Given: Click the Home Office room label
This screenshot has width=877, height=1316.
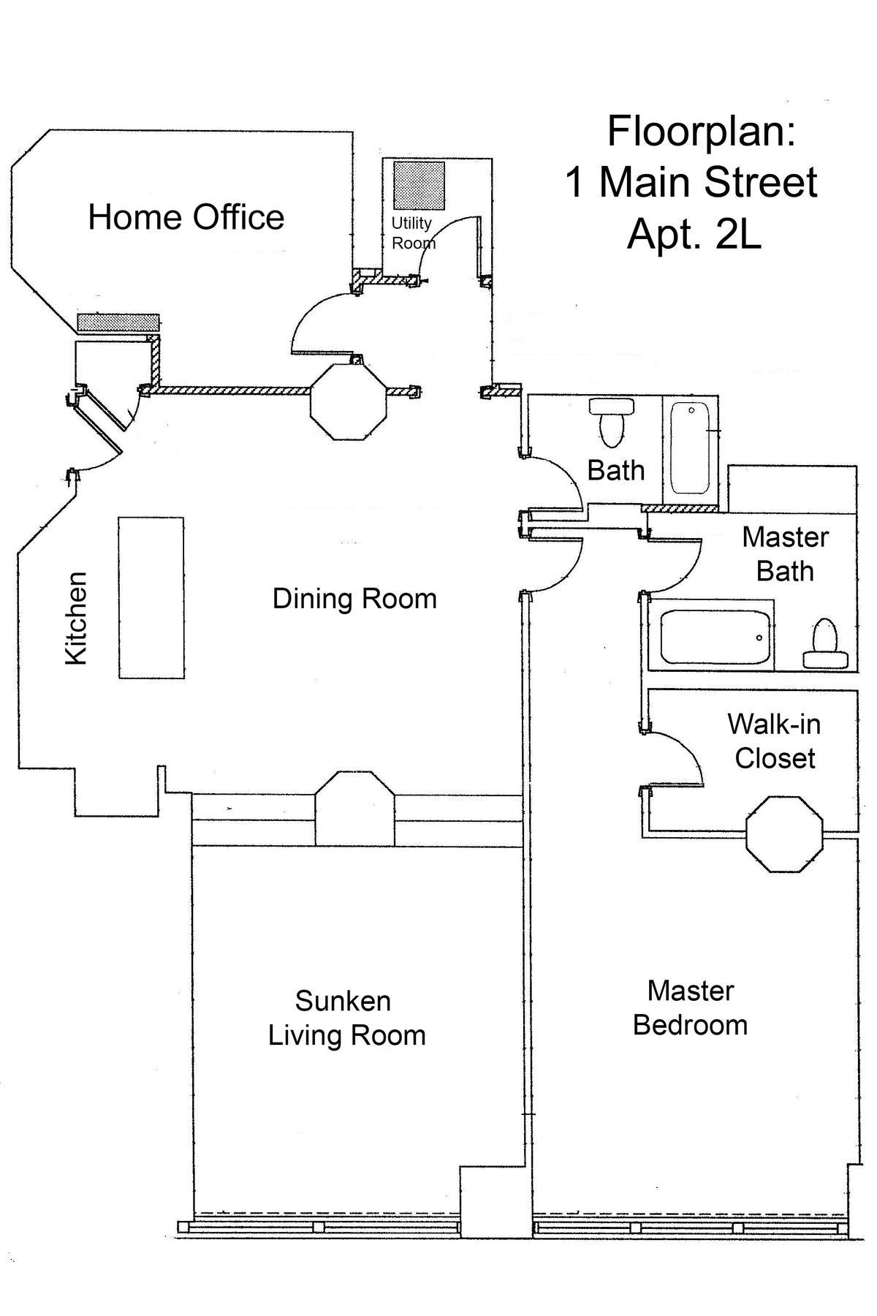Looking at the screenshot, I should click(x=186, y=218).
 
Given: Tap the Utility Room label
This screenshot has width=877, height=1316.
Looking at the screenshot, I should click(x=413, y=232).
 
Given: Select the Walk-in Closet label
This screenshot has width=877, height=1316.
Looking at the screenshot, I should click(x=774, y=741).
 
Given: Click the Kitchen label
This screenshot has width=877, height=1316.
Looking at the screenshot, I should click(x=76, y=619).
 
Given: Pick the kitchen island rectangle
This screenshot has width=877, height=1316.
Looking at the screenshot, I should click(x=151, y=597).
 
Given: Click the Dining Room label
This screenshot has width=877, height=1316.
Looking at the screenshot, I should click(x=354, y=599).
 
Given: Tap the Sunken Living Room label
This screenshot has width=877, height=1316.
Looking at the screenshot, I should click(x=346, y=1018).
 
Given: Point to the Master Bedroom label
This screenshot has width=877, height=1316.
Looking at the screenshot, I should click(x=690, y=1007).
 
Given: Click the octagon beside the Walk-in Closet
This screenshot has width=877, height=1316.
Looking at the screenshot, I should click(x=784, y=833).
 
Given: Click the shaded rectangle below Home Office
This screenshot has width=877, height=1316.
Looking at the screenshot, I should click(x=118, y=322).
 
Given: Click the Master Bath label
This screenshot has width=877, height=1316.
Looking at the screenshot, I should click(x=785, y=553).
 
